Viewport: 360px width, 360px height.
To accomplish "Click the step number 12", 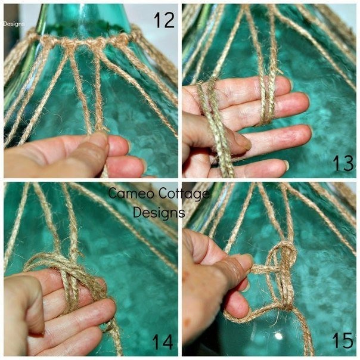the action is point(164,20).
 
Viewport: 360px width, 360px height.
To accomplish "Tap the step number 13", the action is point(343,163).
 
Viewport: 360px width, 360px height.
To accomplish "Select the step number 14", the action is point(163,342).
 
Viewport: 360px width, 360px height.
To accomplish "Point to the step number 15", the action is point(343,340).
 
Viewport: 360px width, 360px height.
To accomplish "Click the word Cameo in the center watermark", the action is point(131,193).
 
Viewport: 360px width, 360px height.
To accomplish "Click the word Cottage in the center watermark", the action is point(184,194).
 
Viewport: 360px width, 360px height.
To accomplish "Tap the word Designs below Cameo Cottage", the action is point(159,212).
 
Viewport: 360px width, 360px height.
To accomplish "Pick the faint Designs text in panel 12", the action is point(14,24).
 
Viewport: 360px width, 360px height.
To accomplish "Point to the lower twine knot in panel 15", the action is point(286,305).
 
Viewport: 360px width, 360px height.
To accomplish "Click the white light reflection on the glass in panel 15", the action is point(278,337).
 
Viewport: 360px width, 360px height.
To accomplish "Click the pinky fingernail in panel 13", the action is point(286,165).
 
